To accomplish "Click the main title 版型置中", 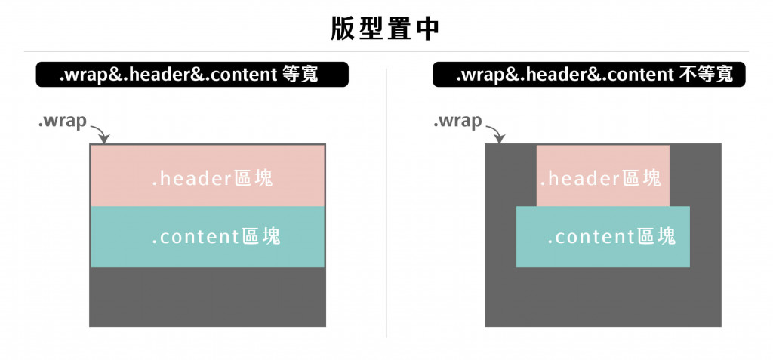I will coord(386,28).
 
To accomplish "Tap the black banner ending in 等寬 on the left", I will coord(192,75).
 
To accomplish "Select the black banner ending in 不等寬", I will coord(588,75).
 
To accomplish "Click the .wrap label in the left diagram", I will coord(63,121).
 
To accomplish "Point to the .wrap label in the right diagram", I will coord(457,121).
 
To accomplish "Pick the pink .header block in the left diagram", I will coord(208,175).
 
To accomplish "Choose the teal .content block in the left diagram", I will coord(208,236).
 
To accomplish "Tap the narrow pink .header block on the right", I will coord(602,175).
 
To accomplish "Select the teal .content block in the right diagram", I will coord(602,236).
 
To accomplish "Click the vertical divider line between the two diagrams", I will coord(386,204).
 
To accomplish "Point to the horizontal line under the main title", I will coord(386,51).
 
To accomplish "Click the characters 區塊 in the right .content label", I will coord(656,237).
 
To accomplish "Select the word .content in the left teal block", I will coord(196,237).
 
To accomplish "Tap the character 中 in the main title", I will coord(427,28).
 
